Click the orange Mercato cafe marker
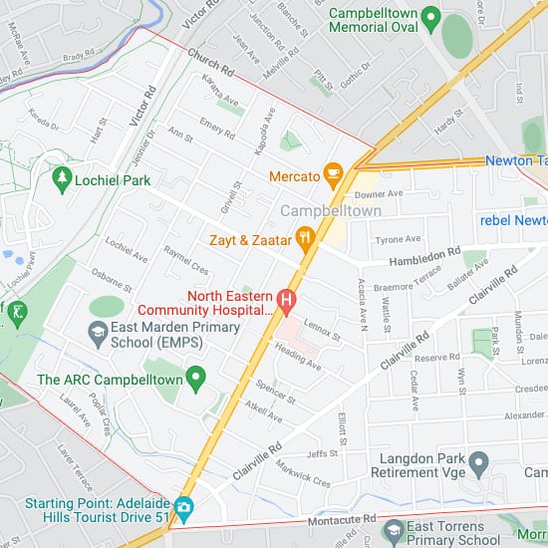333,176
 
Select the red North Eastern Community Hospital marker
287,299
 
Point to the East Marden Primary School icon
98,331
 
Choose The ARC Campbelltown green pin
196,379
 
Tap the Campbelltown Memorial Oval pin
430,17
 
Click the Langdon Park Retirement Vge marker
478,461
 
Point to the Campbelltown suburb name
330,211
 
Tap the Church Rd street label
209,64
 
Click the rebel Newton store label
512,219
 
